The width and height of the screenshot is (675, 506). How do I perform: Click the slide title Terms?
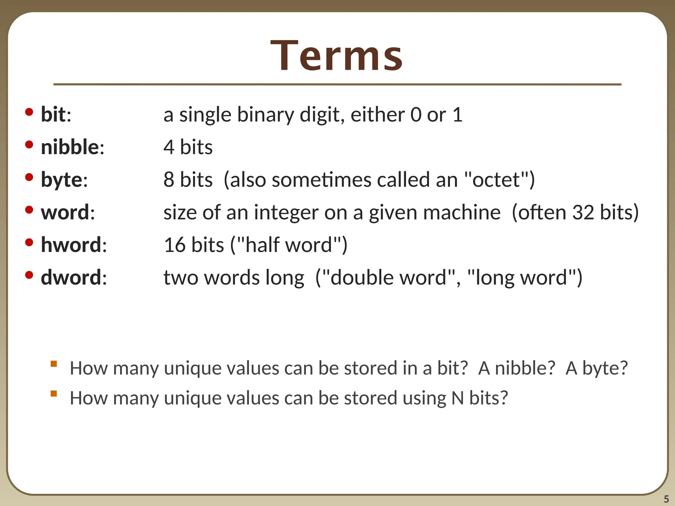click(337, 55)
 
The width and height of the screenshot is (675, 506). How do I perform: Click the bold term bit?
click(53, 115)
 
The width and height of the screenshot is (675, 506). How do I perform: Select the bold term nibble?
click(70, 147)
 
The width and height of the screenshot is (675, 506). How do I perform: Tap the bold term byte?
click(62, 180)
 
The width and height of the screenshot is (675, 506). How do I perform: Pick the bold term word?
click(65, 212)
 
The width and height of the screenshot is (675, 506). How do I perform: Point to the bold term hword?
click(71, 245)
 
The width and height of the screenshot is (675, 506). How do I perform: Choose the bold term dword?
click(71, 277)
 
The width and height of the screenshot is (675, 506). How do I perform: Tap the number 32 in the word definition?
click(584, 212)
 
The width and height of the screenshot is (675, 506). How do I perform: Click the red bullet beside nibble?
click(29, 145)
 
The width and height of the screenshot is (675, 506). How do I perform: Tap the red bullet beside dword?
click(29, 275)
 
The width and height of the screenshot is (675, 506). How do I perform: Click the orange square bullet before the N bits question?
click(54, 393)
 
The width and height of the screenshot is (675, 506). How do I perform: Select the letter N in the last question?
click(457, 398)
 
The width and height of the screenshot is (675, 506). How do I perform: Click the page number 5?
click(666, 499)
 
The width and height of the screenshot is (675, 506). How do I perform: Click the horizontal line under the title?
click(337, 85)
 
